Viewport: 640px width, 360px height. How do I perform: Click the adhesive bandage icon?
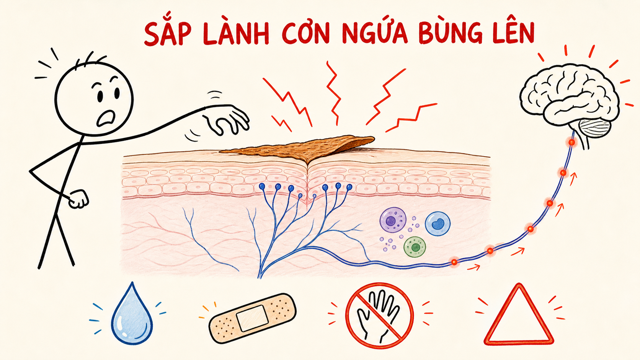[253, 318]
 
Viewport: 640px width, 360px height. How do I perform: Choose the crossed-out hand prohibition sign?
[379, 316]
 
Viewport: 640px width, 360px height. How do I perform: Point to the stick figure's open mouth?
[106, 118]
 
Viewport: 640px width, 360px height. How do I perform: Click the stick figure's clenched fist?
[78, 199]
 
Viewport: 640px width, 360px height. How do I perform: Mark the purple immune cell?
[393, 220]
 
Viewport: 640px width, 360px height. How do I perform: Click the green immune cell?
[415, 247]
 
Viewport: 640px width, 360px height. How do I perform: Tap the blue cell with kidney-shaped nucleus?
[438, 224]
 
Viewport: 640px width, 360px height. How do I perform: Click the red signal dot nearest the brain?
[571, 142]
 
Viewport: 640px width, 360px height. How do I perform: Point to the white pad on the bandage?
[253, 318]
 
